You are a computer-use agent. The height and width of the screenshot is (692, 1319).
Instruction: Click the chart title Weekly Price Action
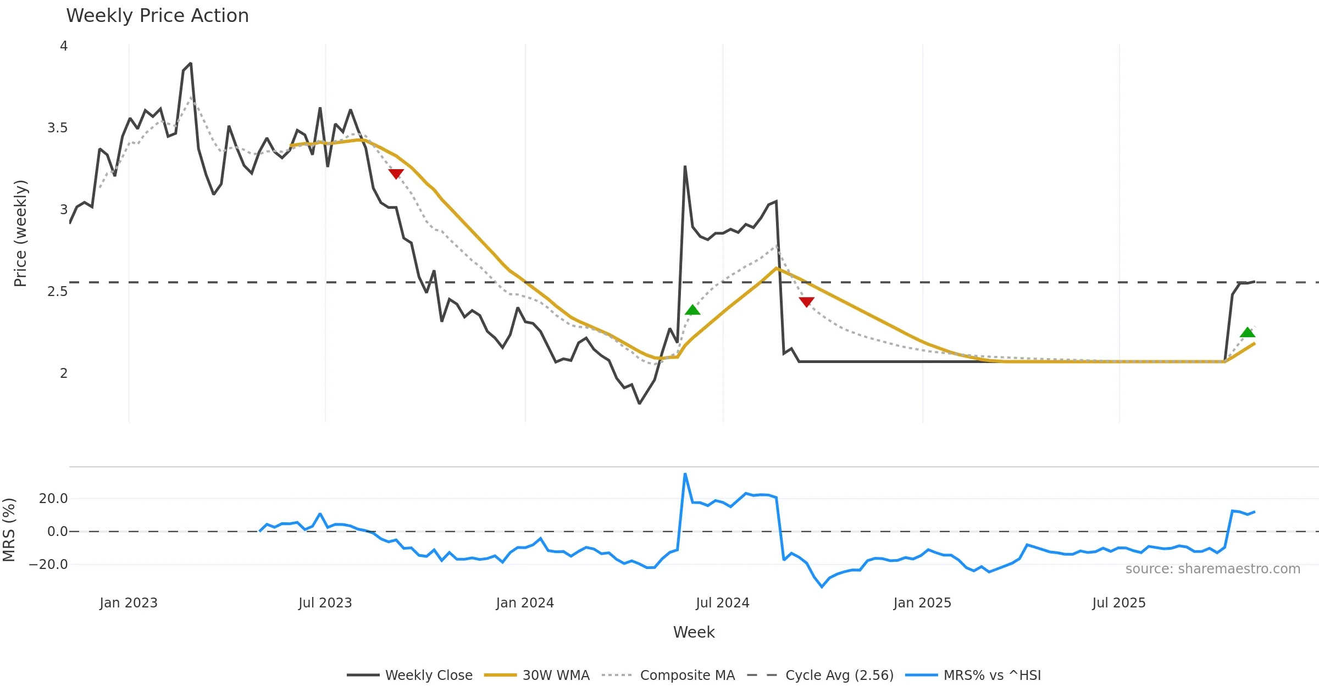(157, 16)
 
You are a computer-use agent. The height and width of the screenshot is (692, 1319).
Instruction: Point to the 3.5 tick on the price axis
(57, 128)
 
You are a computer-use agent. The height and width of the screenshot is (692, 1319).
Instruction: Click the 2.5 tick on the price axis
(57, 291)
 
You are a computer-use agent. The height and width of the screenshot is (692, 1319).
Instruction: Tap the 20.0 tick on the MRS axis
(53, 499)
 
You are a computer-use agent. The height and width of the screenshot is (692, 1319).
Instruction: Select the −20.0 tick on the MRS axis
(48, 565)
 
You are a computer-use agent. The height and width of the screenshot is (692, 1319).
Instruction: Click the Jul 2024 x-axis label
(722, 603)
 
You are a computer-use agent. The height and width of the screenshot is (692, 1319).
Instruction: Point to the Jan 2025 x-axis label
(922, 603)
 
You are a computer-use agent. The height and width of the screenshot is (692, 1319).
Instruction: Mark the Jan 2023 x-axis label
(129, 603)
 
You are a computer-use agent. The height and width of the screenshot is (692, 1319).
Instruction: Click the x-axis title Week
(694, 633)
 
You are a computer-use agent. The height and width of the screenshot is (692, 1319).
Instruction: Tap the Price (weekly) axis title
(20, 233)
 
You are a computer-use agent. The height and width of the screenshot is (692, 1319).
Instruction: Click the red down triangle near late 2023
(396, 174)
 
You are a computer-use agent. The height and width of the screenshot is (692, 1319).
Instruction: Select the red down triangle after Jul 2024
(806, 302)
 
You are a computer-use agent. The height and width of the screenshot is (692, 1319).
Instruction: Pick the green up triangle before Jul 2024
(692, 310)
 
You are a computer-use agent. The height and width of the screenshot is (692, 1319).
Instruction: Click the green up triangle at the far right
(1247, 332)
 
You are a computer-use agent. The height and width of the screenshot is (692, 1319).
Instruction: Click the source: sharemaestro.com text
(1212, 569)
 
